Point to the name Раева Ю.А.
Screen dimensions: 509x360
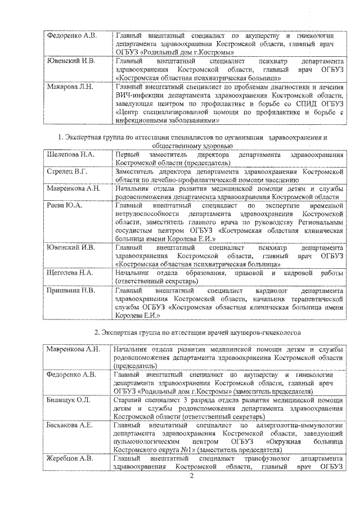[64, 206]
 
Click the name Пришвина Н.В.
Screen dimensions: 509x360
[70, 291]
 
